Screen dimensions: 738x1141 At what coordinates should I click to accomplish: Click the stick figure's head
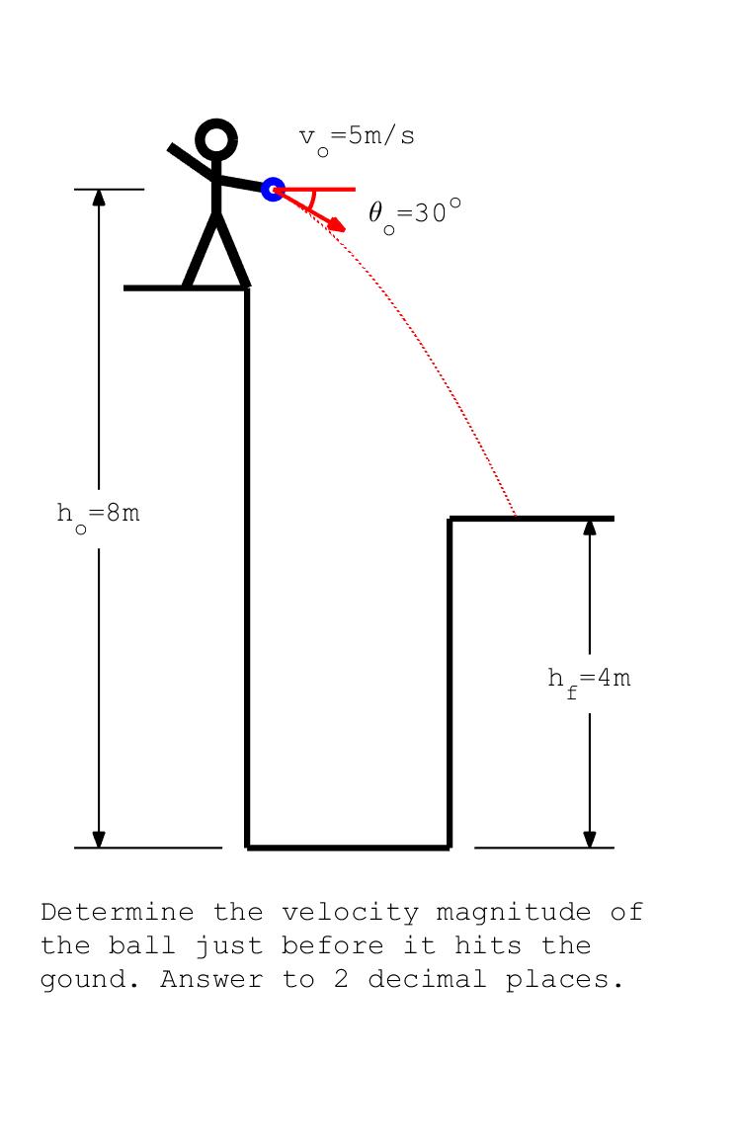pos(216,138)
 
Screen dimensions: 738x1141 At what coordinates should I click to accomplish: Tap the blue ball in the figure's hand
pos(273,190)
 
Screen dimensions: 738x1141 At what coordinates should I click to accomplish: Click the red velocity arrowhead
pos(336,225)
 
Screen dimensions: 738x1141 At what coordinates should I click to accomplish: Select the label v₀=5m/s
pos(357,138)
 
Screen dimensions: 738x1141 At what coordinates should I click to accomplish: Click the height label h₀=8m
pos(98,516)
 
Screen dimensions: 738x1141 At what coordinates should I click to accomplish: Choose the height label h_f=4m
pos(590,681)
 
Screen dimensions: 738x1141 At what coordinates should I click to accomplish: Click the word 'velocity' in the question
pos(350,913)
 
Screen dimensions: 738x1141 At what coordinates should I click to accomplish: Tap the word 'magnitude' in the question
pos(513,912)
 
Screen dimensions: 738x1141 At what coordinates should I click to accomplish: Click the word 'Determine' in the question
pos(118,912)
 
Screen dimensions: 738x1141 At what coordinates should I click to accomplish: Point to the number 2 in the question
pos(341,979)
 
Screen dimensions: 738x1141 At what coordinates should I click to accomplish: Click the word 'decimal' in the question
pos(427,979)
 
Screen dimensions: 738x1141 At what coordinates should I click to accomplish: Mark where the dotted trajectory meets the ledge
pos(516,517)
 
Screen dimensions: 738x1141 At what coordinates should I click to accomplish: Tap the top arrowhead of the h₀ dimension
pos(99,198)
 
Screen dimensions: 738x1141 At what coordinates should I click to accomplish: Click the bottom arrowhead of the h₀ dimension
pos(99,839)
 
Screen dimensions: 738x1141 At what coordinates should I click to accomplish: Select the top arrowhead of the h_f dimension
pos(590,527)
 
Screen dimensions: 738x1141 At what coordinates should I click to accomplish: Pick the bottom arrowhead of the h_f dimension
pos(590,839)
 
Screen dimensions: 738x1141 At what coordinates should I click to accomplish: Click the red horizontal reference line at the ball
pos(314,190)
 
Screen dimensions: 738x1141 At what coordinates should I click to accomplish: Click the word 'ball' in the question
pos(142,945)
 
